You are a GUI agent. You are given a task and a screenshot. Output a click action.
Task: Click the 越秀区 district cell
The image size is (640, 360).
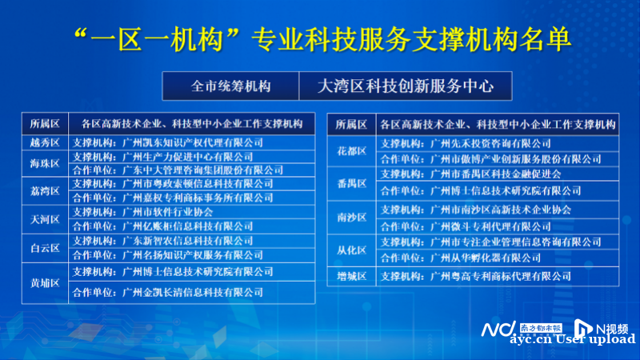45,142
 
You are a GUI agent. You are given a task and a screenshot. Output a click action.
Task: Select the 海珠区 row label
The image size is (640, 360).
45,164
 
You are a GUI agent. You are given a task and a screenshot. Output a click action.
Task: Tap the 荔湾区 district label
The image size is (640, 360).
45,191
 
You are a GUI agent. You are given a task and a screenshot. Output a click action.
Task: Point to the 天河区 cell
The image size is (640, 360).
45,219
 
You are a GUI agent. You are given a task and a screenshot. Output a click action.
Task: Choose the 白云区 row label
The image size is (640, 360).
45,248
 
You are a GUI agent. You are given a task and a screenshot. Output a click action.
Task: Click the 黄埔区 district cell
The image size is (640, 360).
45,283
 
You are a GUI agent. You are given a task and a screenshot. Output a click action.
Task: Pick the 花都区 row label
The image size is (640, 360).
351,151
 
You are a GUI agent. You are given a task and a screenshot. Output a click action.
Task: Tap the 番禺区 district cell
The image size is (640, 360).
351,184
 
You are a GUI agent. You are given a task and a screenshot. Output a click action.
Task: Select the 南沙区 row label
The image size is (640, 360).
351,218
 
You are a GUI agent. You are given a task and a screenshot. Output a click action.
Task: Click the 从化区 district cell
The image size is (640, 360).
351,250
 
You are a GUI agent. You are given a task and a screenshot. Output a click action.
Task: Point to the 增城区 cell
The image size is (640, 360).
351,276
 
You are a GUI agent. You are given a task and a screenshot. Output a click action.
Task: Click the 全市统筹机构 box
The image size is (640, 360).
230,86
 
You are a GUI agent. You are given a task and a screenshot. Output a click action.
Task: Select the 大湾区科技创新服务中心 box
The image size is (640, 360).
406,86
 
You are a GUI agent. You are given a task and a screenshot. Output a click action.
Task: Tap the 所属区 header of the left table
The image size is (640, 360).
45,124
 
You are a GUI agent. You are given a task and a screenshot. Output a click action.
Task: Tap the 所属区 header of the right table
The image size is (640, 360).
351,125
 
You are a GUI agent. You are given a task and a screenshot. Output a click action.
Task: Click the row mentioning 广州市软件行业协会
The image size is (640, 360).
192,212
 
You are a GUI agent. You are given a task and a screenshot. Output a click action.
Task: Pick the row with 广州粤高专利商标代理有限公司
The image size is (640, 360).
497,276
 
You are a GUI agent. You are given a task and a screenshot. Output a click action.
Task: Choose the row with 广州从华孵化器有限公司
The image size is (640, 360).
497,258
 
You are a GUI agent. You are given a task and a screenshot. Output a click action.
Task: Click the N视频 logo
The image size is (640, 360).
601,328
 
